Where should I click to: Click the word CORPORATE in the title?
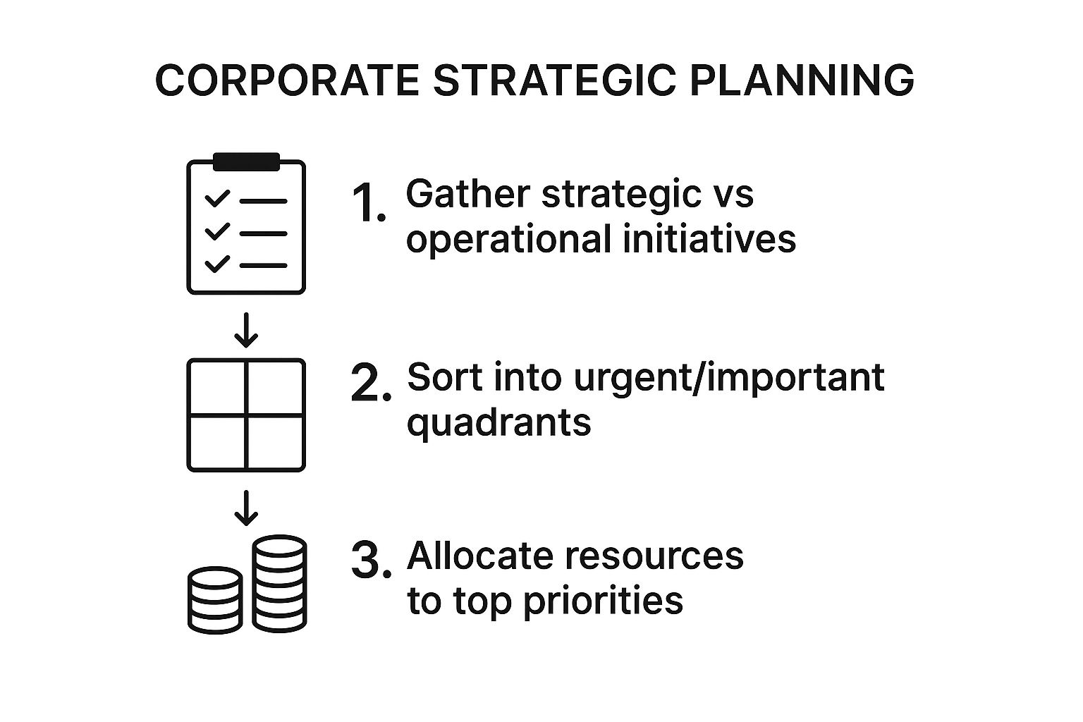(x=287, y=80)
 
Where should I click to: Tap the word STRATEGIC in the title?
(x=554, y=80)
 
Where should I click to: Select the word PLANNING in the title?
(x=802, y=80)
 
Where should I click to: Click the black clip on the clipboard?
(x=247, y=161)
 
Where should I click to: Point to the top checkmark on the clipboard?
(x=217, y=198)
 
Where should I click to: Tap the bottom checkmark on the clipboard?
(x=217, y=264)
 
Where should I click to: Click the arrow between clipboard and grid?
(x=246, y=330)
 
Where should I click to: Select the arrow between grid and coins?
(x=246, y=508)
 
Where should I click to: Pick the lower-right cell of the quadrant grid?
(x=275, y=442)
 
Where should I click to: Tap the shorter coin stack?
(x=215, y=600)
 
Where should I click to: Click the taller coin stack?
(x=279, y=584)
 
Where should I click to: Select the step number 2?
(x=371, y=383)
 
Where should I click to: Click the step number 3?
(x=371, y=561)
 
